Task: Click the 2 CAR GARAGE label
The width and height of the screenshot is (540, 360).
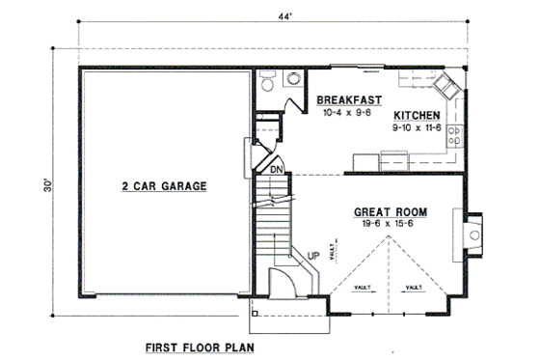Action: point(166,186)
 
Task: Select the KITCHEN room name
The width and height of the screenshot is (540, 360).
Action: point(417,114)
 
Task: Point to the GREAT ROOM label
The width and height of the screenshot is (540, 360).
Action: point(391,211)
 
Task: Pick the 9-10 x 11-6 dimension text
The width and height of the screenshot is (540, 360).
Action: point(417,126)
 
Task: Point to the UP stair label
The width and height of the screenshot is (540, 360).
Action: point(313,256)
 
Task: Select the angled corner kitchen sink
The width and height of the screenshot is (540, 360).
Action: point(447,89)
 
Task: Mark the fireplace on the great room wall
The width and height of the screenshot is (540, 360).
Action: point(472,232)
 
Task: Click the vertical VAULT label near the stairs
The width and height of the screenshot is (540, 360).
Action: point(330,253)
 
